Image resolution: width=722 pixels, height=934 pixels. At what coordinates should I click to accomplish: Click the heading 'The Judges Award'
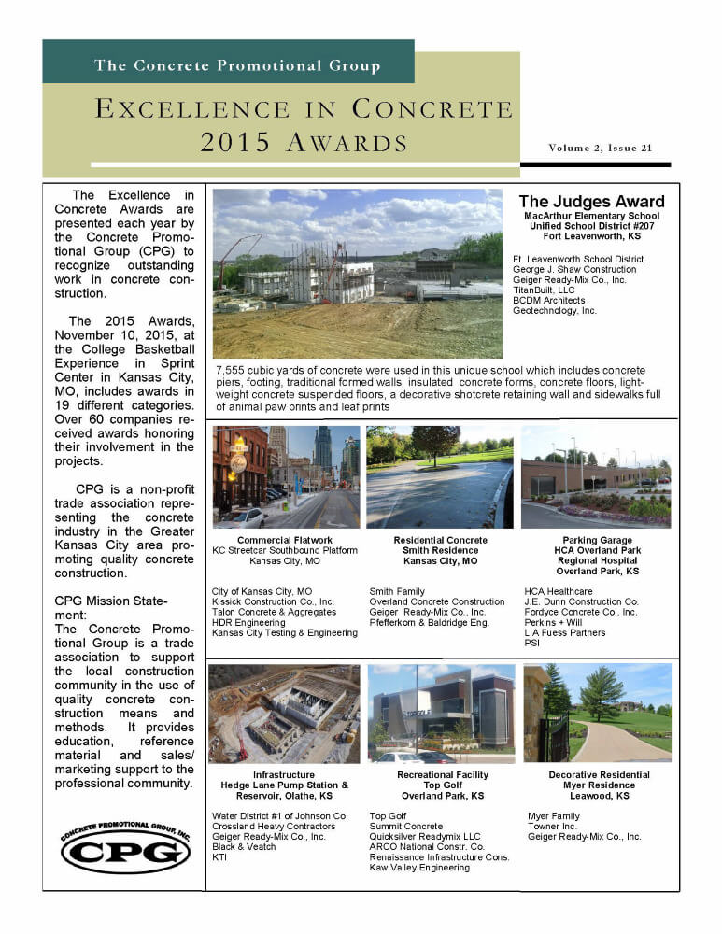pyautogui.click(x=591, y=202)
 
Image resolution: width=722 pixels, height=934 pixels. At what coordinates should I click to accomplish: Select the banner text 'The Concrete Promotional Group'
pyautogui.click(x=237, y=65)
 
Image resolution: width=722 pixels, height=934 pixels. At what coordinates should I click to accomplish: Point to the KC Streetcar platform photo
pyautogui.click(x=286, y=476)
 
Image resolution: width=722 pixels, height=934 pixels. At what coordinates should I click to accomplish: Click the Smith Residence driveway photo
pyautogui.click(x=440, y=476)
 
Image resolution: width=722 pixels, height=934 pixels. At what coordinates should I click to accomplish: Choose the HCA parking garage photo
pyautogui.click(x=596, y=476)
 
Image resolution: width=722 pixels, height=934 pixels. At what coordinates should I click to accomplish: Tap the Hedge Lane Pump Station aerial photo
pyautogui.click(x=284, y=714)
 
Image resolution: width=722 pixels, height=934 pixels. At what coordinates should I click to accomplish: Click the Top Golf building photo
pyautogui.click(x=442, y=714)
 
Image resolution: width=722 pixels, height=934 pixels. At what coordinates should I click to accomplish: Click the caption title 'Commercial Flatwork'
pyautogui.click(x=285, y=540)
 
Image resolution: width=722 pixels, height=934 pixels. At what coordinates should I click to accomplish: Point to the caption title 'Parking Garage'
pyautogui.click(x=598, y=540)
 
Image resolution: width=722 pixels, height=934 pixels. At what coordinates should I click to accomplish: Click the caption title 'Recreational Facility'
pyautogui.click(x=443, y=775)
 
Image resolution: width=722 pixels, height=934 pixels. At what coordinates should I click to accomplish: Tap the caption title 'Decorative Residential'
pyautogui.click(x=599, y=775)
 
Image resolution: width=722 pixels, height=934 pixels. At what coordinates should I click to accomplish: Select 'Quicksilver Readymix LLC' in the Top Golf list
pyautogui.click(x=425, y=837)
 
